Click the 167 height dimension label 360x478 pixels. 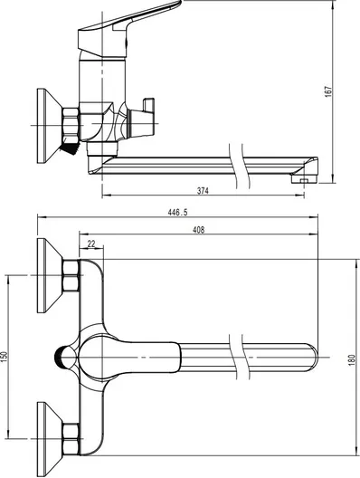(x=328, y=91)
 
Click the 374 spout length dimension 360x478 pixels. (x=203, y=191)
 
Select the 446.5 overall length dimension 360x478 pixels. (x=177, y=213)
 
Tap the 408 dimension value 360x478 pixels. (x=199, y=230)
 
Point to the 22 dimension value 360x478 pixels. (x=91, y=244)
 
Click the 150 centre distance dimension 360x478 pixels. (x=4, y=358)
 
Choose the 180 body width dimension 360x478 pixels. (x=352, y=360)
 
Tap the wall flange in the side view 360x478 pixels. (x=50, y=126)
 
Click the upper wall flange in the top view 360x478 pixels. (x=50, y=275)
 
